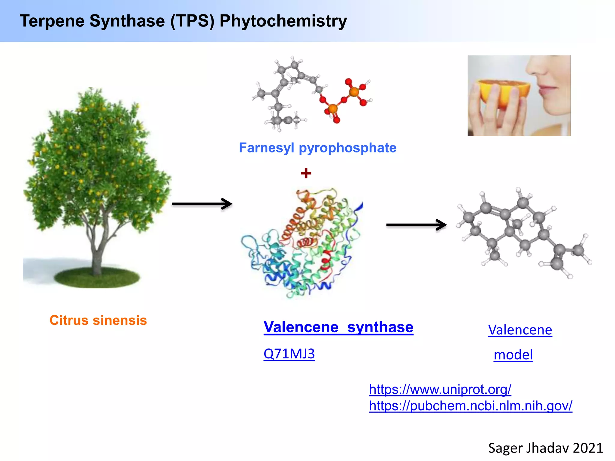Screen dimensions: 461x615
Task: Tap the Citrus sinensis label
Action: [x=98, y=320]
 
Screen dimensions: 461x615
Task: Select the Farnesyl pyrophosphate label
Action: [x=317, y=148]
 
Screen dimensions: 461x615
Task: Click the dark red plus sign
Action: [x=306, y=173]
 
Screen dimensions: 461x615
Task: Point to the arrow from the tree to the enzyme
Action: [x=202, y=204]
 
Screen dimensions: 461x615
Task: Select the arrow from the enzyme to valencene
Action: [x=416, y=224]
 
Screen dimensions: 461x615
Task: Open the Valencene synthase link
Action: [x=338, y=327]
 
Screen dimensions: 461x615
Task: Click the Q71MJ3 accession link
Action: [x=289, y=354]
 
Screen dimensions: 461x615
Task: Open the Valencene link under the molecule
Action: [x=520, y=330]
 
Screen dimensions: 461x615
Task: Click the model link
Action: [x=513, y=355]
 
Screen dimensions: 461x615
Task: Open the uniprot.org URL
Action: [x=440, y=389]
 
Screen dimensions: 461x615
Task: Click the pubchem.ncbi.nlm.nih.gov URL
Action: [x=470, y=406]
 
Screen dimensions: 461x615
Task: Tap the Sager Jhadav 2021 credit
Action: [x=545, y=448]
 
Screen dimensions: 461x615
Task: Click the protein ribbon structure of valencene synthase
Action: [x=303, y=243]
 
